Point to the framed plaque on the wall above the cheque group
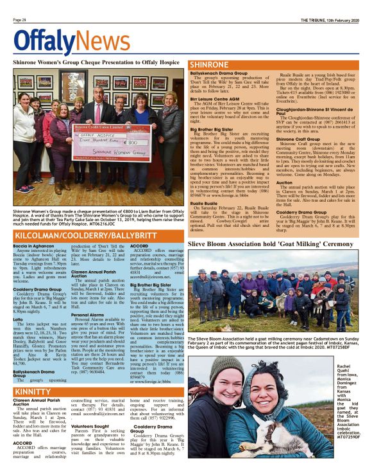pyautogui.click(x=69, y=84)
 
